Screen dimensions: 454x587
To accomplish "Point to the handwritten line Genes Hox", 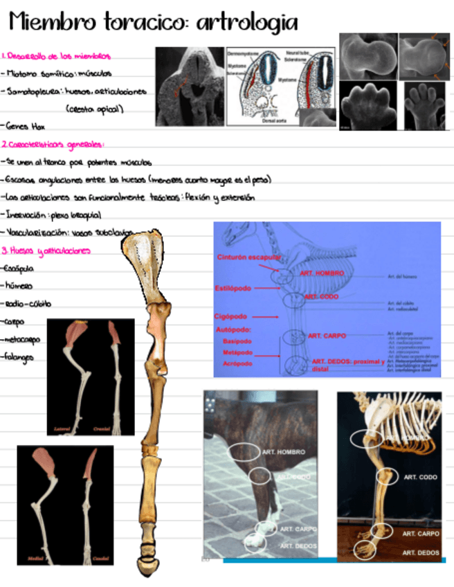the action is (25, 127).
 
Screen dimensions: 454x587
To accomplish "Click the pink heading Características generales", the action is (55, 145).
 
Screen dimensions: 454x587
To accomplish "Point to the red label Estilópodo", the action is (234, 288).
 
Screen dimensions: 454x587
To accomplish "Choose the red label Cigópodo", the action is (230, 316).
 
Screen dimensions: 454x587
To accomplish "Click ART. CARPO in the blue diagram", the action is (327, 335).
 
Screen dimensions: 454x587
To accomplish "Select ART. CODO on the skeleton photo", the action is (419, 477).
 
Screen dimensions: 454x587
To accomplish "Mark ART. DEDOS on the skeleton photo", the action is (421, 552).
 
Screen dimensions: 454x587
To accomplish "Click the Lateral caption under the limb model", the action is (64, 430).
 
